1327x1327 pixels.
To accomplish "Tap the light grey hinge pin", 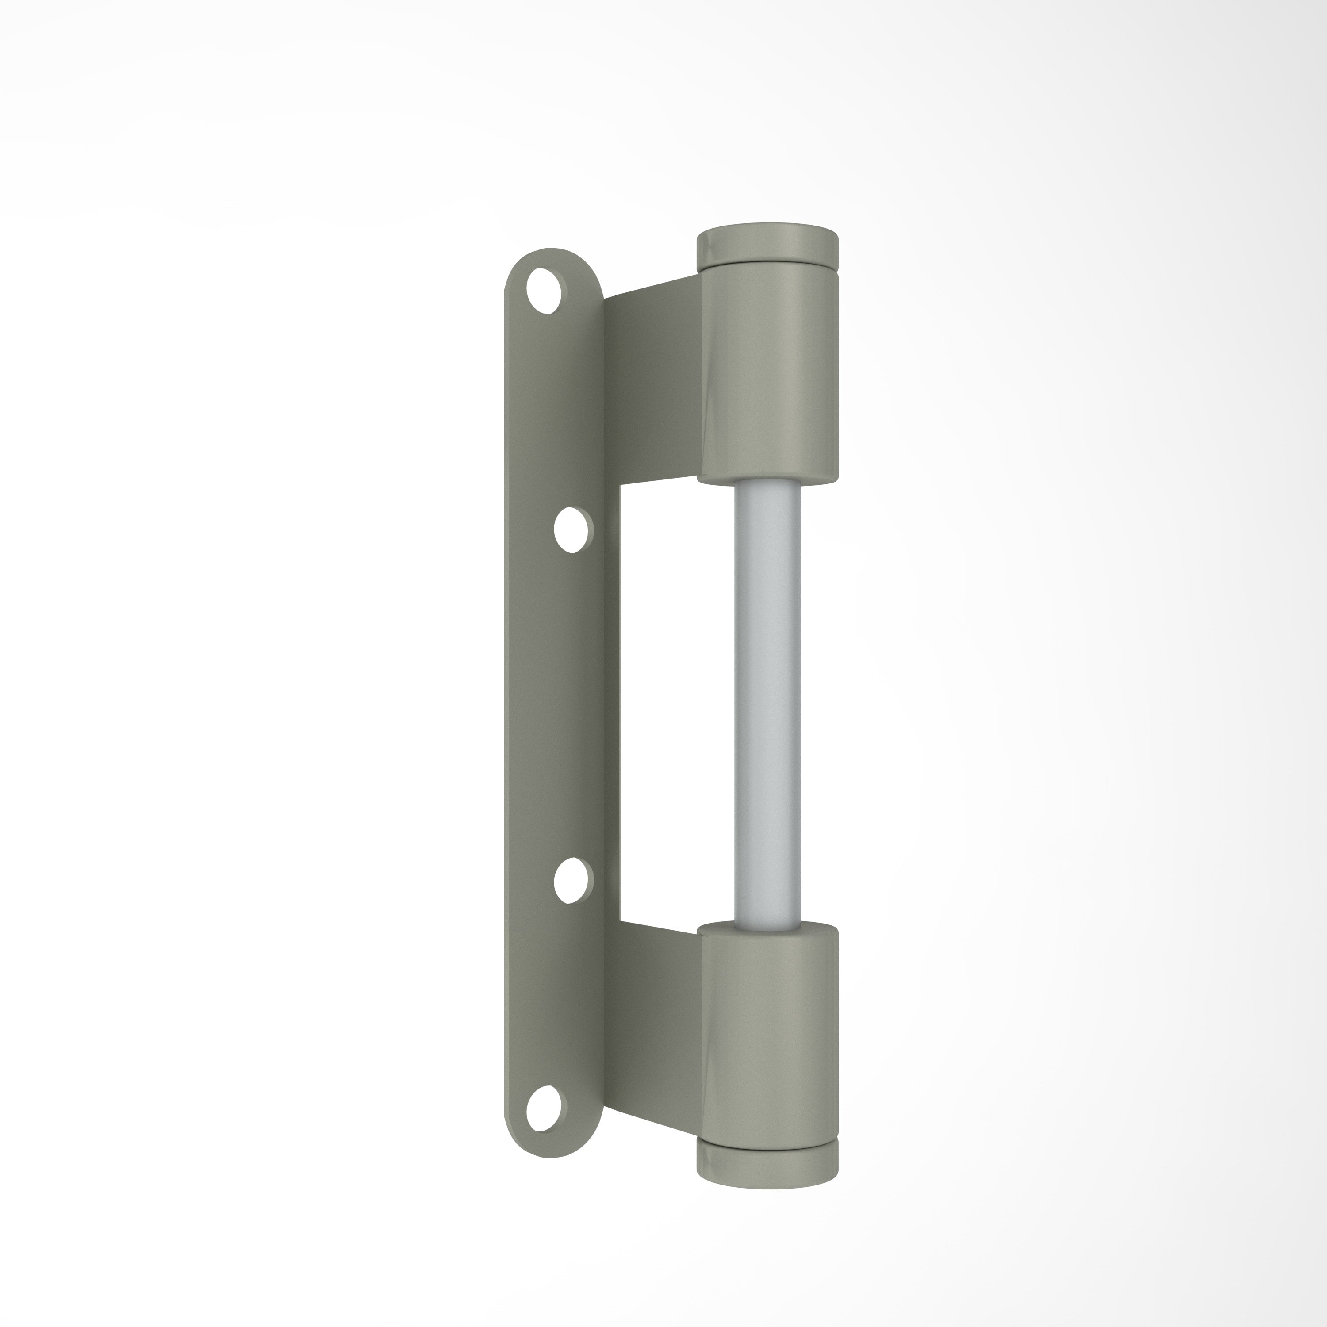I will (x=767, y=701).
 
